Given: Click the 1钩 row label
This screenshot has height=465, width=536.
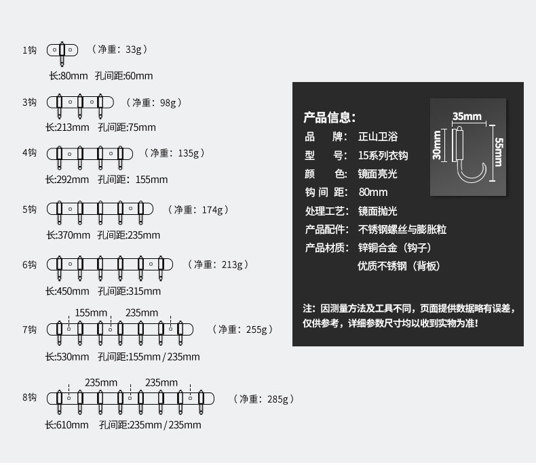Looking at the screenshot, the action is (29, 49).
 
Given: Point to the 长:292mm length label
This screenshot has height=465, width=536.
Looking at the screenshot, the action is (67, 180).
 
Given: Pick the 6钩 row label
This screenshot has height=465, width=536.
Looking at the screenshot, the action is (29, 264).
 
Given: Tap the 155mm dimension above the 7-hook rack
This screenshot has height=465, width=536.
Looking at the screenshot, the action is (91, 312).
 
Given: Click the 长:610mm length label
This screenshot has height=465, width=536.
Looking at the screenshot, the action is (67, 425).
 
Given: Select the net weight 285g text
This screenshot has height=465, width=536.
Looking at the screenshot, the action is (264, 399).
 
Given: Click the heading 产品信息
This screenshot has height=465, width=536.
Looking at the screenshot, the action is (328, 117).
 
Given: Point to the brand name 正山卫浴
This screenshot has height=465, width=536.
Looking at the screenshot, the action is (378, 136).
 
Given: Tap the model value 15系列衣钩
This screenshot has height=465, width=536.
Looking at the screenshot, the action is (383, 155).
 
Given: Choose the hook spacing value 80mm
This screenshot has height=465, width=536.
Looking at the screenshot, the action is (372, 192).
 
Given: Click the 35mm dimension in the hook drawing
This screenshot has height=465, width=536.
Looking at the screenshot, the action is (467, 116).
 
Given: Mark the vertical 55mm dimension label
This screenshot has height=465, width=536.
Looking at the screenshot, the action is (499, 153).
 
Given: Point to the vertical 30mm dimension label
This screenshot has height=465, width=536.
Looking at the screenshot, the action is (438, 145).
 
